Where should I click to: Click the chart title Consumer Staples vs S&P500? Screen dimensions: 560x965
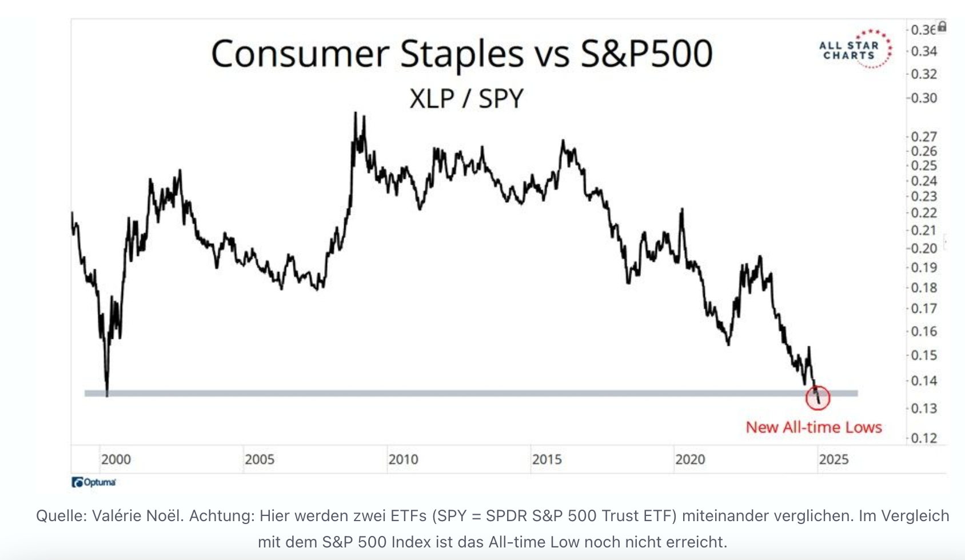(462, 54)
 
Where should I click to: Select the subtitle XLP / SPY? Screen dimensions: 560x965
(466, 99)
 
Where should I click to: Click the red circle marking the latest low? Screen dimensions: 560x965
(818, 398)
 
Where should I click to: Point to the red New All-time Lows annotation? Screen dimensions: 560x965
(814, 427)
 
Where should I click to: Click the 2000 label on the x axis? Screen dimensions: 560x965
(116, 459)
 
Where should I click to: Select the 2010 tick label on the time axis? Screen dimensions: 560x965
(403, 459)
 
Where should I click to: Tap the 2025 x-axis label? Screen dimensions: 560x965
(834, 459)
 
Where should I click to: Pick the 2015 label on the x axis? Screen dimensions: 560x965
(547, 459)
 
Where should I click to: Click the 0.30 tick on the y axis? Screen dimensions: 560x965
(924, 98)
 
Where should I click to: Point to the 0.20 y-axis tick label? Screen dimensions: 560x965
(924, 249)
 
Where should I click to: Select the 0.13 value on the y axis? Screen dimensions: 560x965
(924, 409)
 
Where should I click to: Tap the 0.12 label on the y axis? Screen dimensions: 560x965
(924, 438)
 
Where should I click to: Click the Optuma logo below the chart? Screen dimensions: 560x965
(94, 482)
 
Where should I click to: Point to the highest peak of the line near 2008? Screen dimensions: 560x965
(355, 113)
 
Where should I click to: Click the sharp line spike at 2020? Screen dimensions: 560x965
(682, 210)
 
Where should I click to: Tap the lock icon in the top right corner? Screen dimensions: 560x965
(942, 27)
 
